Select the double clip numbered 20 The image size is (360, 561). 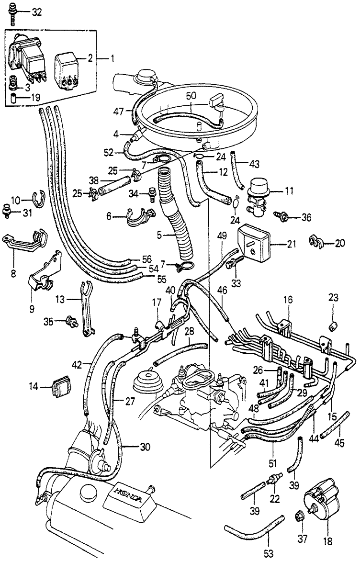pyautogui.click(x=318, y=243)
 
